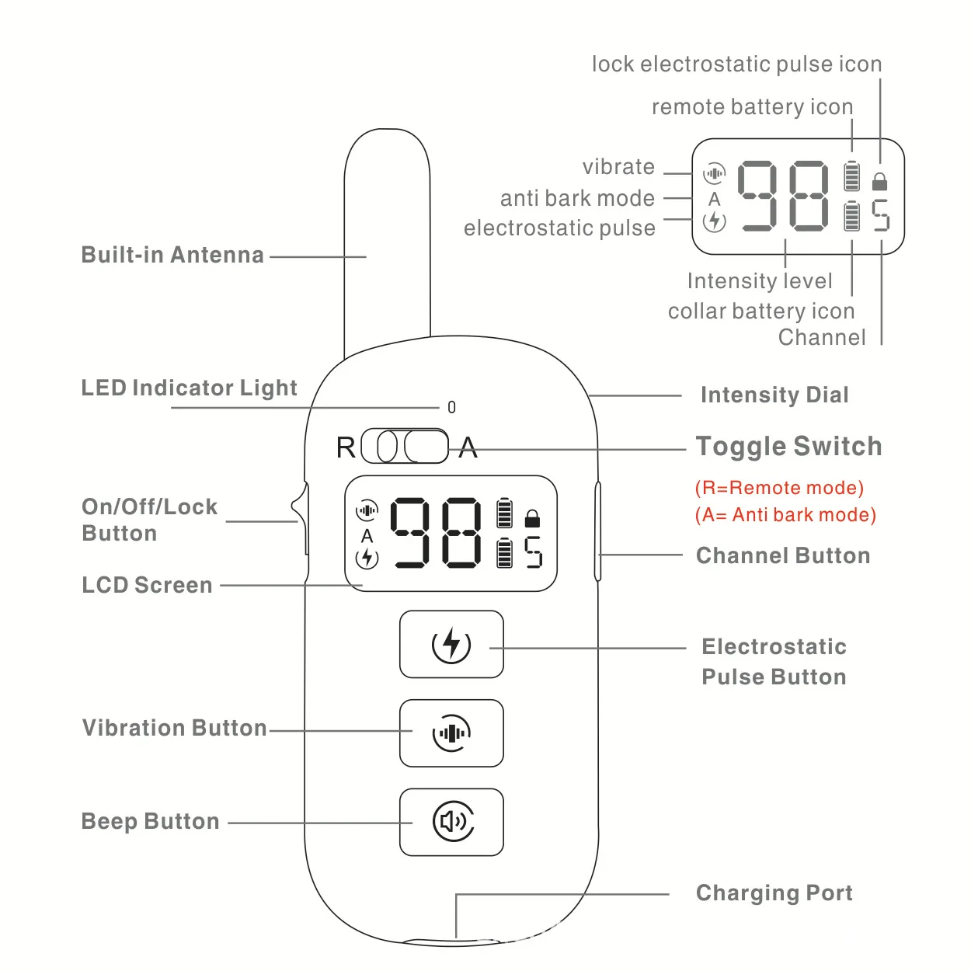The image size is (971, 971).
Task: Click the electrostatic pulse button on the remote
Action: click(451, 645)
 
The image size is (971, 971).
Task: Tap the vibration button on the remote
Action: click(451, 733)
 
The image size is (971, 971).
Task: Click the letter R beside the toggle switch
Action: click(346, 447)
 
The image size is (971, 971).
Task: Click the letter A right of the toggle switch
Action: click(468, 447)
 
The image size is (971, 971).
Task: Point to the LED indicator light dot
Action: click(452, 407)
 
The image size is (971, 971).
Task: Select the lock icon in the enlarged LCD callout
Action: click(879, 181)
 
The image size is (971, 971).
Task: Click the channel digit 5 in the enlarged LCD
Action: click(880, 215)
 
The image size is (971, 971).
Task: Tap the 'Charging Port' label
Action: click(774, 893)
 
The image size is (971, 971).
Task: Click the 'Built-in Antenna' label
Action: click(172, 255)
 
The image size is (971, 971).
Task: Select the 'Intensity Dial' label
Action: click(774, 395)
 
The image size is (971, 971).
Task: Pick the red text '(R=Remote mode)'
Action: click(779, 488)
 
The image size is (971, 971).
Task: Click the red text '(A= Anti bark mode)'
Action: click(785, 515)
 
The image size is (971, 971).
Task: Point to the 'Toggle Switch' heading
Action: click(788, 447)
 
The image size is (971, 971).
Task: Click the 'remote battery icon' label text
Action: click(752, 106)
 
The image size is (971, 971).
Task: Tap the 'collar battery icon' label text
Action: click(760, 311)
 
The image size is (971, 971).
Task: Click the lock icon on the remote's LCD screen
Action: click(532, 518)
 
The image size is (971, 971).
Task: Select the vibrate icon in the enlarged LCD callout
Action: click(714, 172)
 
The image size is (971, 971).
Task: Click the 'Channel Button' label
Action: click(783, 555)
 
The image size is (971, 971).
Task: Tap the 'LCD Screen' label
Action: click(147, 585)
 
